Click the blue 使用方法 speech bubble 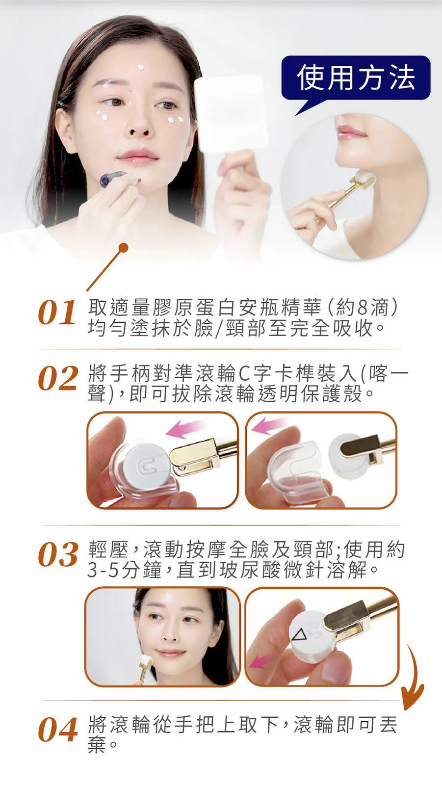[x=356, y=79]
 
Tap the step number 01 [x=57, y=312]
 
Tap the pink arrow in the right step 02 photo [x=270, y=425]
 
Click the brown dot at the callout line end [x=124, y=248]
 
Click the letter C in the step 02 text [x=244, y=375]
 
